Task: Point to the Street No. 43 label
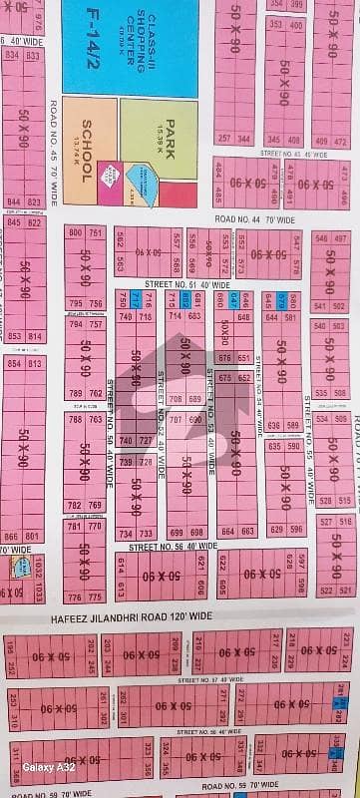click(x=291, y=153)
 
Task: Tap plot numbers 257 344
click(x=236, y=140)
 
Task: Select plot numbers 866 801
click(x=22, y=536)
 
